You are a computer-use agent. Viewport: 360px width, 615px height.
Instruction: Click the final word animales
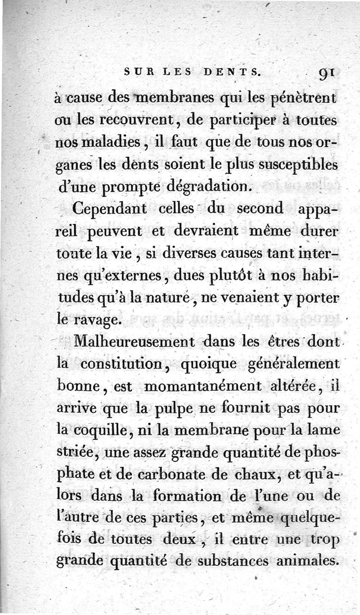[306, 561]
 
